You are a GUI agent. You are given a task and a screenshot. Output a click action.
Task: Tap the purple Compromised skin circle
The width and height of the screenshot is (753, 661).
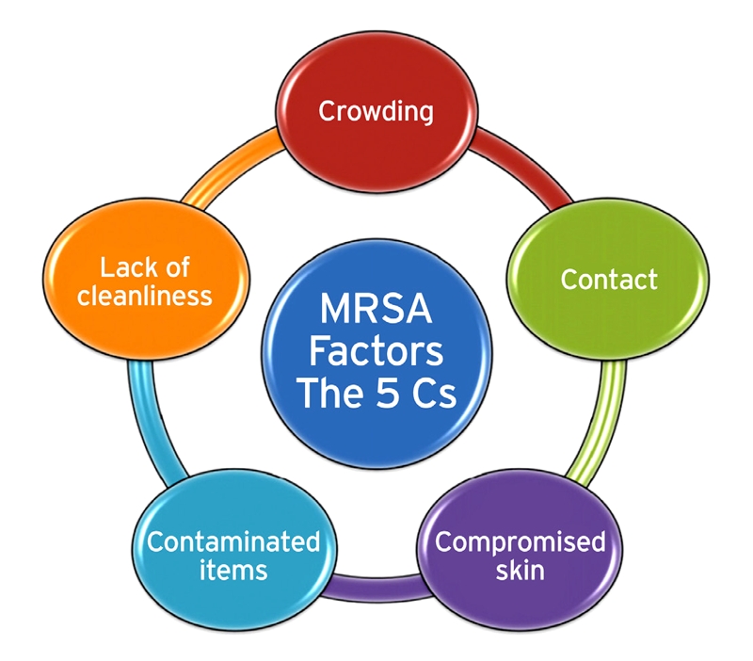click(x=521, y=555)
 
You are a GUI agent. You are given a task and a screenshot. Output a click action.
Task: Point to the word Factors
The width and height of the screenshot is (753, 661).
click(x=376, y=352)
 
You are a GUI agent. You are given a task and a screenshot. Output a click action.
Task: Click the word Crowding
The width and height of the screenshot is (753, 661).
click(x=376, y=111)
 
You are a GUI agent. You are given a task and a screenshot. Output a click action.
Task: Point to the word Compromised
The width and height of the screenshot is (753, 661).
click(x=521, y=541)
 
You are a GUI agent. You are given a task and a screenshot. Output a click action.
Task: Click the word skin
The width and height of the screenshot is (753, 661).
click(x=521, y=571)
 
